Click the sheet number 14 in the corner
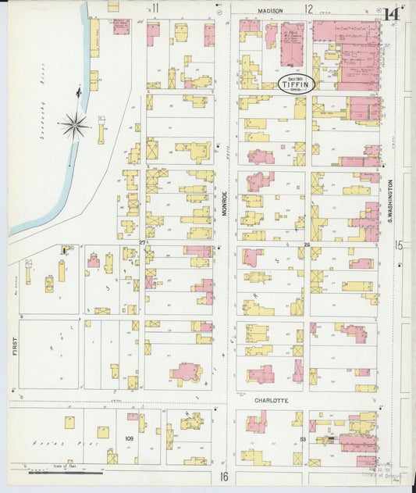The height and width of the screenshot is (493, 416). [393, 13]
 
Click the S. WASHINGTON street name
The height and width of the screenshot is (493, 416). [388, 199]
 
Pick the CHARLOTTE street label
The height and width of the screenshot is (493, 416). [272, 400]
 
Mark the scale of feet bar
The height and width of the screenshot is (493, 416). [66, 472]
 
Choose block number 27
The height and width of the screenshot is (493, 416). [142, 243]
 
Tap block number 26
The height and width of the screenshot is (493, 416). [307, 245]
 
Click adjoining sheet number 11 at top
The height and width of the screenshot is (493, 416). [155, 9]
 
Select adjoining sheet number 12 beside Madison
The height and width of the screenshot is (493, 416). [309, 9]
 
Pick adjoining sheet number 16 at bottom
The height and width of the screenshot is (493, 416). [223, 477]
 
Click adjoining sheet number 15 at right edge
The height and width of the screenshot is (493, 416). [399, 245]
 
